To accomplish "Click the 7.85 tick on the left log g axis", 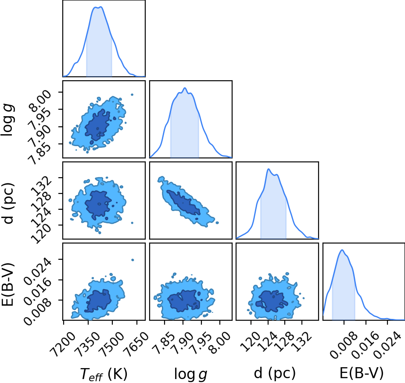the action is coord(39,152).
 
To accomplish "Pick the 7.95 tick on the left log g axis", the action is coord(39,118).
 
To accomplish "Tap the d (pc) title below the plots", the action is coord(275,374).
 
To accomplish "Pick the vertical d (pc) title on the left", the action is coord(8,204).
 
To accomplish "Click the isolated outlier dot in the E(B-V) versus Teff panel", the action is coord(133,260).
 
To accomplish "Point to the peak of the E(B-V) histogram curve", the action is coord(342,250).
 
